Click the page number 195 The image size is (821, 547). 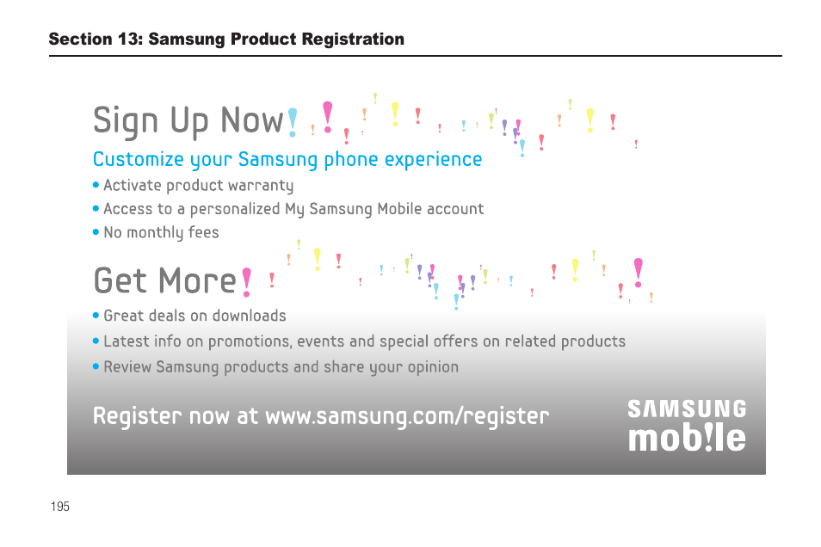click(x=59, y=507)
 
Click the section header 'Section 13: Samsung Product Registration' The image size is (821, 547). click(x=226, y=40)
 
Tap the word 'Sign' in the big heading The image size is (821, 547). click(x=126, y=120)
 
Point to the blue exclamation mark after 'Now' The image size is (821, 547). click(x=293, y=122)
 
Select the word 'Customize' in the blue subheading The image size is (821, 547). click(x=139, y=160)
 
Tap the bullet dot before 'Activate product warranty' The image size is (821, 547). click(x=96, y=186)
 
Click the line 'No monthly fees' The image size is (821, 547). click(x=161, y=232)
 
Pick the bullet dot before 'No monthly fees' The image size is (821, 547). click(x=96, y=232)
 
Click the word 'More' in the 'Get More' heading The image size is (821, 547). click(x=197, y=281)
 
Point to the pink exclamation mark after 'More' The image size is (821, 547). click(x=247, y=281)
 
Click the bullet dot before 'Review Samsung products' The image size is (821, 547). click(x=96, y=367)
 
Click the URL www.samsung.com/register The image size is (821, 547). click(x=406, y=416)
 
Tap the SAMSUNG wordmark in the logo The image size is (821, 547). click(x=687, y=409)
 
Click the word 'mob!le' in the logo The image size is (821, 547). click(x=687, y=438)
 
